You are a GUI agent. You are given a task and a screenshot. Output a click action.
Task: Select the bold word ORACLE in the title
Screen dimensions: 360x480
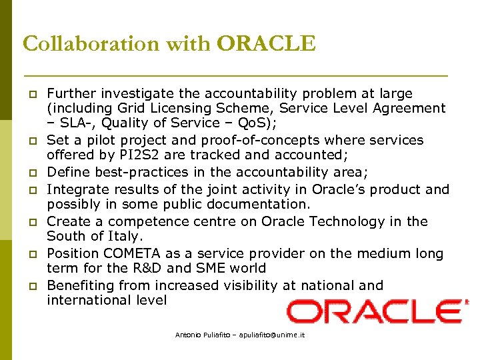tap(266, 43)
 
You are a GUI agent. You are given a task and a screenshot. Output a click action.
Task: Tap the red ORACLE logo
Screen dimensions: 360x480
tap(377, 311)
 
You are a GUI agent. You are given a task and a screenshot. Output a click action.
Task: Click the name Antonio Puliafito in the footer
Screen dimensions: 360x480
tap(199, 335)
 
